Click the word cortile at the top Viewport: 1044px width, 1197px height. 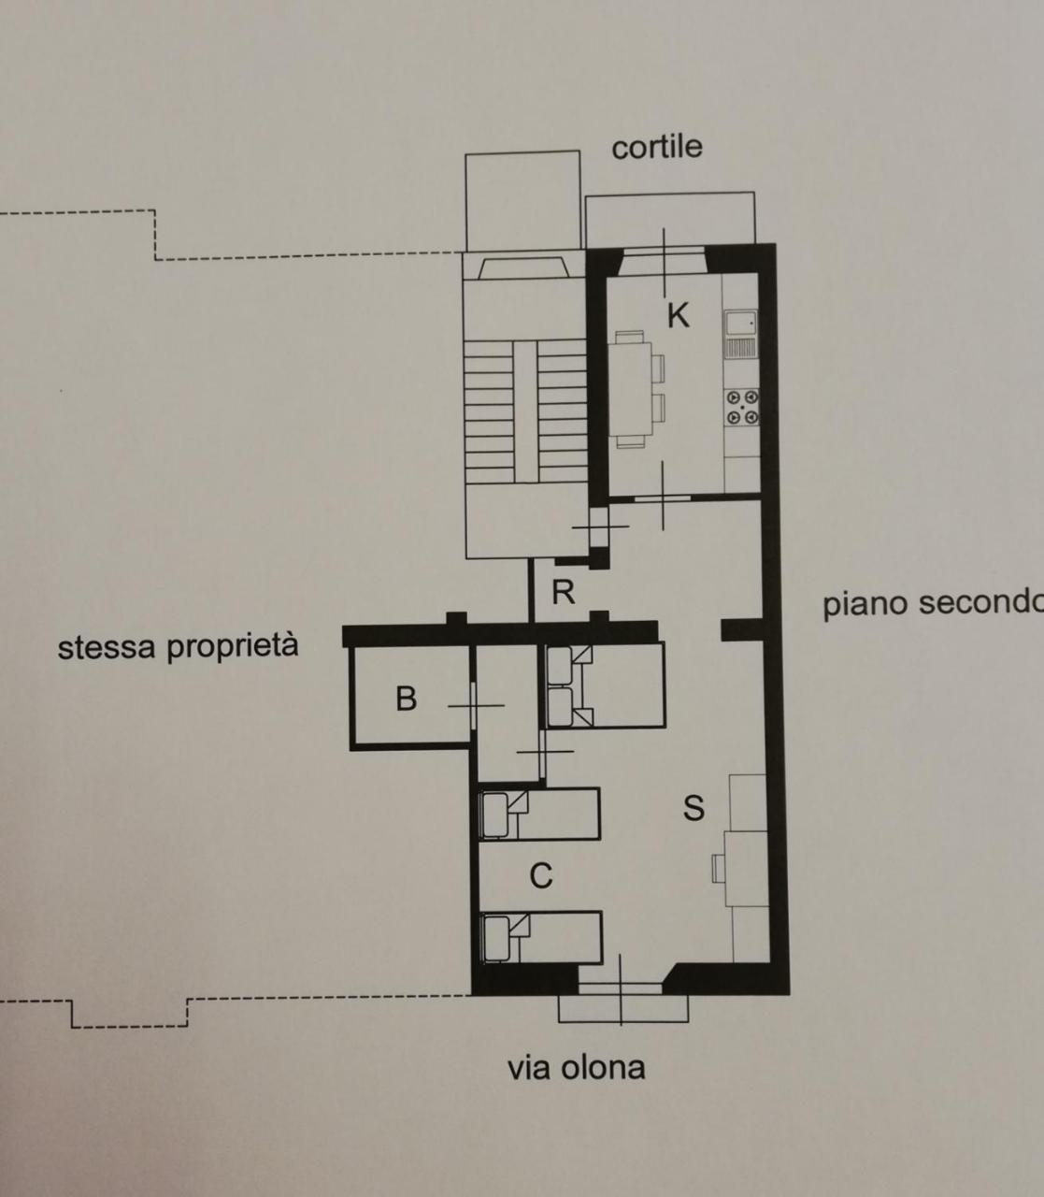point(656,147)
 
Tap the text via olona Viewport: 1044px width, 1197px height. point(576,1067)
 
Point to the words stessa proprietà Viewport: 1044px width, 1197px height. point(178,646)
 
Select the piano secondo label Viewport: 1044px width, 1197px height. point(931,603)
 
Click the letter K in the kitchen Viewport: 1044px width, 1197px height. point(678,316)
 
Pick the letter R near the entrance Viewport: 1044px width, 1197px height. point(563,592)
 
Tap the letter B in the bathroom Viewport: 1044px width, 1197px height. point(406,698)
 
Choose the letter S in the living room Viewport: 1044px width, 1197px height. point(694,807)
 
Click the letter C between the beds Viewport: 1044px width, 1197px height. point(540,876)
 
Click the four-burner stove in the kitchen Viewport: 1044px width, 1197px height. point(743,408)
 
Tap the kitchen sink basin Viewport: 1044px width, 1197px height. point(744,324)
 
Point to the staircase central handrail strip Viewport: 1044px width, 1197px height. point(526,412)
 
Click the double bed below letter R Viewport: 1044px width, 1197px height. point(605,685)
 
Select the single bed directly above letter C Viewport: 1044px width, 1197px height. point(539,815)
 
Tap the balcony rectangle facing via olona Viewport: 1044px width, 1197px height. point(622,1008)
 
